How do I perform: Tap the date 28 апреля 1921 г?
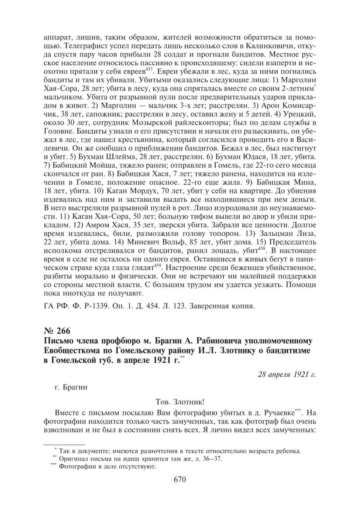click(x=286, y=375)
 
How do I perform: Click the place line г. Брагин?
click(x=71, y=387)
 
